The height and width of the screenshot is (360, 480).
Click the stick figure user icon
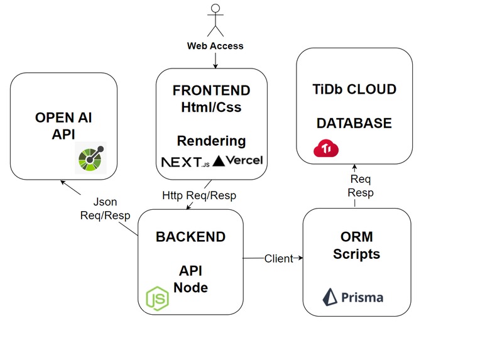pos(216,19)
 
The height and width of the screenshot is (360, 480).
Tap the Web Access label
pos(215,46)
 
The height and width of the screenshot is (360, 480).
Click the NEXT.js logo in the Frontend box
pos(184,161)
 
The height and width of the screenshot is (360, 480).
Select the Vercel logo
pos(239,161)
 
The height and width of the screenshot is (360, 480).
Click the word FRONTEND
pos(211,90)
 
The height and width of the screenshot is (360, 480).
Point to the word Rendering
pos(211,140)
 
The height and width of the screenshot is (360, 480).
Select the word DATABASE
pos(354,123)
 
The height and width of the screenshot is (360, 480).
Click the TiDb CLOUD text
pos(354,89)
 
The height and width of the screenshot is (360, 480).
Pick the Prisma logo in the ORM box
pos(353,296)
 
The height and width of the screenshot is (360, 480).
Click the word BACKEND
pos(190,237)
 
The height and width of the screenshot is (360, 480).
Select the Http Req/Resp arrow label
pos(199,195)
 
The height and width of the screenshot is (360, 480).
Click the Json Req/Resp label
pos(105,209)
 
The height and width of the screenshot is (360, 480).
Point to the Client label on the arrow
pos(278,258)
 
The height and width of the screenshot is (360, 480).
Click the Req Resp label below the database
pos(361,187)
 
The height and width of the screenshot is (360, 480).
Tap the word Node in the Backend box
pos(190,288)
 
